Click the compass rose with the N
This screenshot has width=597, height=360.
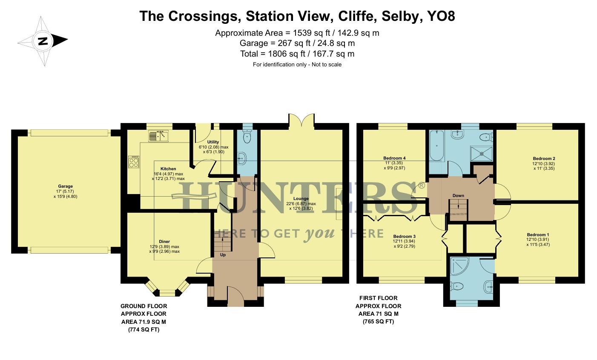(x=43, y=41)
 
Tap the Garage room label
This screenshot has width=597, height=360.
(x=66, y=186)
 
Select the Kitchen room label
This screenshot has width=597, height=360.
(x=168, y=169)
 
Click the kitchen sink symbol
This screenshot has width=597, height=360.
(x=158, y=136)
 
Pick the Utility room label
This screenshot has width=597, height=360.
(x=213, y=142)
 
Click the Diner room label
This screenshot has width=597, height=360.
(x=164, y=241)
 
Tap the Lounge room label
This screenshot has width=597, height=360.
(x=301, y=198)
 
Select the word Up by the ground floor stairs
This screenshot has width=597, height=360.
(x=223, y=255)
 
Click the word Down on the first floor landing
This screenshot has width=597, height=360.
(x=458, y=196)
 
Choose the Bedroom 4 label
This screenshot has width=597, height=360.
(x=394, y=158)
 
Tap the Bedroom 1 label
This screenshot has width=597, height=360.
(x=538, y=235)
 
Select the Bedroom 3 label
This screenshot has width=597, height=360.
(x=404, y=237)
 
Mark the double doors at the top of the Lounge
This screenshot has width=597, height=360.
(x=301, y=121)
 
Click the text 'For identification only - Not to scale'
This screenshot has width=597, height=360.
(x=297, y=65)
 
